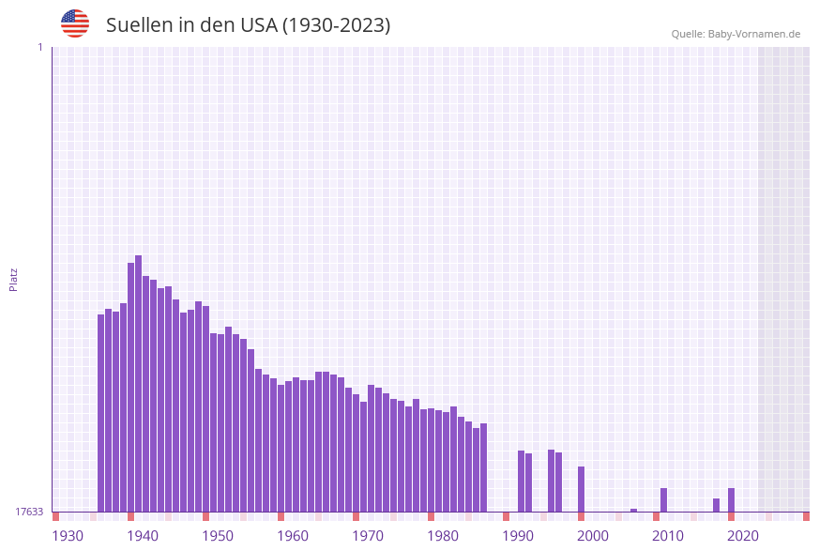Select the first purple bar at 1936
pyautogui.click(x=101, y=413)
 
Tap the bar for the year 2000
pyautogui.click(x=582, y=489)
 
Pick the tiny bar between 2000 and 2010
pyautogui.click(x=634, y=510)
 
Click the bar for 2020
pyautogui.click(x=732, y=499)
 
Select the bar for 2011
pyautogui.click(x=664, y=499)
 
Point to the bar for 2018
pyautogui.click(x=717, y=505)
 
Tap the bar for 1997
pyautogui.click(x=559, y=482)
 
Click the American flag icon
pyautogui.click(x=75, y=23)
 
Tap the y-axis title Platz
pyautogui.click(x=13, y=279)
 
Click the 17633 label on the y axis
pyautogui.click(x=29, y=512)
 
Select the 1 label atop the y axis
pyautogui.click(x=39, y=47)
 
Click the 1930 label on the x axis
pyautogui.click(x=68, y=536)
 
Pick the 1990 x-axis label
pyautogui.click(x=518, y=536)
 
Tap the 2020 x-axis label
pyautogui.click(x=743, y=536)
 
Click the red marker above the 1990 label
pyautogui.click(x=507, y=516)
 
